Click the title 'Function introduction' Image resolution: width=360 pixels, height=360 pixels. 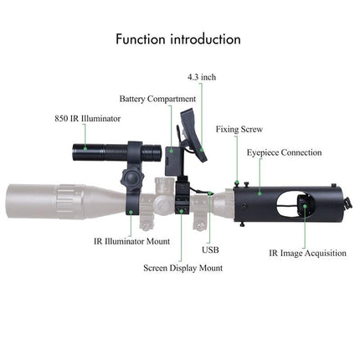(x=178, y=39)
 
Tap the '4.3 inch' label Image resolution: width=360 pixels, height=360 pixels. (x=202, y=77)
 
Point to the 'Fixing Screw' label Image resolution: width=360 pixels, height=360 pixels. (x=239, y=130)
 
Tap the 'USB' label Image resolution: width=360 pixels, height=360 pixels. (x=210, y=249)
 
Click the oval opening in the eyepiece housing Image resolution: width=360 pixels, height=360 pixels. (x=294, y=206)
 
